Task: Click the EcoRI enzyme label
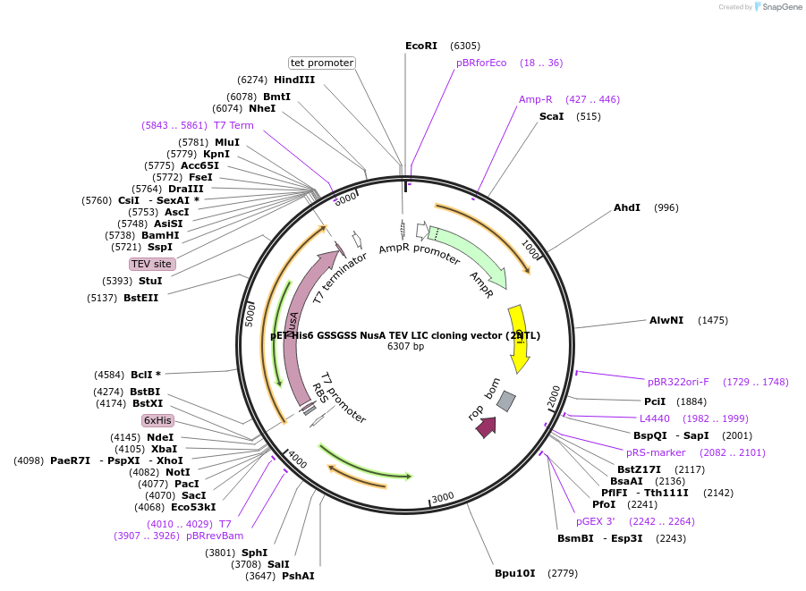click(421, 46)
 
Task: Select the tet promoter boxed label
click(322, 63)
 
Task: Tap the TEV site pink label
click(151, 264)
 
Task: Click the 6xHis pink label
click(157, 420)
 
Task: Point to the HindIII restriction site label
click(294, 80)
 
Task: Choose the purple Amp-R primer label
click(535, 99)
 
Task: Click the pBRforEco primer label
click(481, 63)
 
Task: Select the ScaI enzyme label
click(551, 116)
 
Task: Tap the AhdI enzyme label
click(627, 207)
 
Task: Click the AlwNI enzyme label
click(666, 320)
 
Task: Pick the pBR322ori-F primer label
click(678, 382)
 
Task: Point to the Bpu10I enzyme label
click(515, 573)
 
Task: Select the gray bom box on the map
click(506, 401)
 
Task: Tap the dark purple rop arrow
click(486, 426)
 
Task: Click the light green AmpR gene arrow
click(470, 255)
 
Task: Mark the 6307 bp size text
click(405, 347)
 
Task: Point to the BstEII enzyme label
click(140, 298)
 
